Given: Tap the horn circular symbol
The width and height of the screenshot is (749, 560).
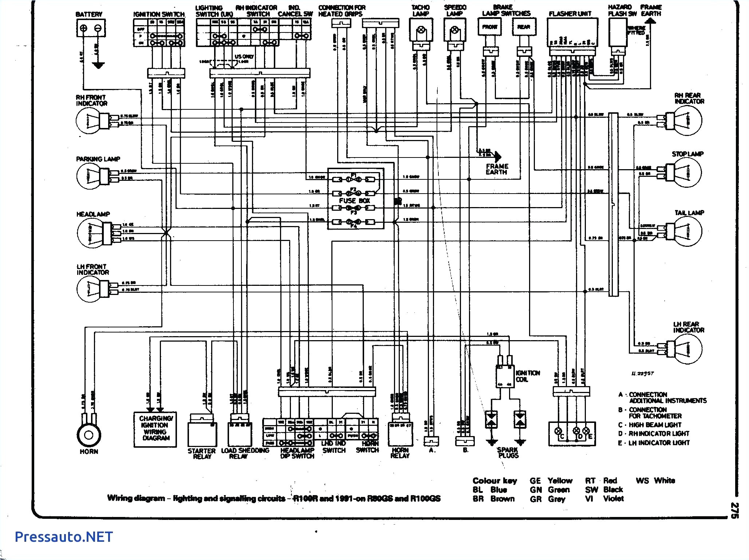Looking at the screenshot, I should pyautogui.click(x=89, y=435).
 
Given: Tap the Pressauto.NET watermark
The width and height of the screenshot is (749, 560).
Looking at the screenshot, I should pyautogui.click(x=64, y=536).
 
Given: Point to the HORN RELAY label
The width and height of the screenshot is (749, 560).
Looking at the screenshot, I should pyautogui.click(x=400, y=453).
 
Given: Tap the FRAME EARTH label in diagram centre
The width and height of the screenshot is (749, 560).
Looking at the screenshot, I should pyautogui.click(x=497, y=169).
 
